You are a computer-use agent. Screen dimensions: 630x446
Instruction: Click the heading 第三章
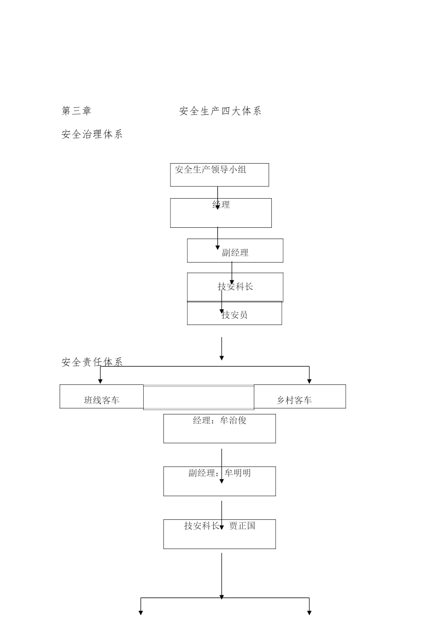[77, 111]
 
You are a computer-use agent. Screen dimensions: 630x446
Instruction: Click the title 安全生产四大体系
[220, 111]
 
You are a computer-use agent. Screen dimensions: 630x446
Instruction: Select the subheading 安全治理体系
[92, 135]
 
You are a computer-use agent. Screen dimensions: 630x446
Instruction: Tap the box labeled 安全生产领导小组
[219, 174]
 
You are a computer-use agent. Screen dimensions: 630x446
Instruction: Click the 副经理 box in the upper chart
[235, 251]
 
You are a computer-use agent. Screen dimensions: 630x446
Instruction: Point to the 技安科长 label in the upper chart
[235, 286]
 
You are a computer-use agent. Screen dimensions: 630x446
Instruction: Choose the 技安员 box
[235, 314]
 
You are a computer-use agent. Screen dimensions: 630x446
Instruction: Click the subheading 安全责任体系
[92, 362]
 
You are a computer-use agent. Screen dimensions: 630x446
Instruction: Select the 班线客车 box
[101, 397]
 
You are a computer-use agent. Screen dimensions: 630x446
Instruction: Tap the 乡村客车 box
[300, 397]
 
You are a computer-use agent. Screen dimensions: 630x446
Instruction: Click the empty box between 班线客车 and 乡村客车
[199, 397]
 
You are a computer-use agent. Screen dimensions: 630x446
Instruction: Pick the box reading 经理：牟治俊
[219, 428]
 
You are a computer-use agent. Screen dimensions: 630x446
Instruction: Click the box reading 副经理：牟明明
[219, 481]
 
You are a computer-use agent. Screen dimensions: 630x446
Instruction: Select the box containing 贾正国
[219, 534]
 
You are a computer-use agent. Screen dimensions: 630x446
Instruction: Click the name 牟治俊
[233, 420]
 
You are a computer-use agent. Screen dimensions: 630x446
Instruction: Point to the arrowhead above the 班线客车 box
[100, 381]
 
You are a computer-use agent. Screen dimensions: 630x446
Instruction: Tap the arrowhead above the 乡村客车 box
[309, 381]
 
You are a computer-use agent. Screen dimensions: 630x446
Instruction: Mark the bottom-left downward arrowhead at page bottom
[140, 612]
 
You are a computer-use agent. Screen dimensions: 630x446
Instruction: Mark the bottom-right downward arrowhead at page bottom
[309, 612]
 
